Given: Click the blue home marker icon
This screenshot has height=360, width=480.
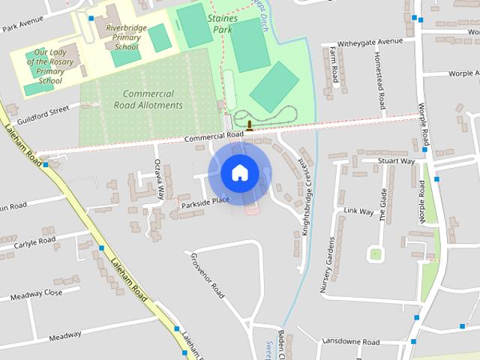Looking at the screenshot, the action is (x=239, y=172).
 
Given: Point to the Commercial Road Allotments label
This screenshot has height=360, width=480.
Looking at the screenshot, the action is (x=148, y=100).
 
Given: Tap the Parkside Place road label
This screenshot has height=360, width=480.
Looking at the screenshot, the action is (x=205, y=202).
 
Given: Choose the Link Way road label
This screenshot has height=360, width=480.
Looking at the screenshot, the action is (x=358, y=211).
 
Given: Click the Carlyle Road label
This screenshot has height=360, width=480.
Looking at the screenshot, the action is (x=33, y=242).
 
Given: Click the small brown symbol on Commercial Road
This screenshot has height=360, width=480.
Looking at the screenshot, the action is (x=250, y=124).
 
